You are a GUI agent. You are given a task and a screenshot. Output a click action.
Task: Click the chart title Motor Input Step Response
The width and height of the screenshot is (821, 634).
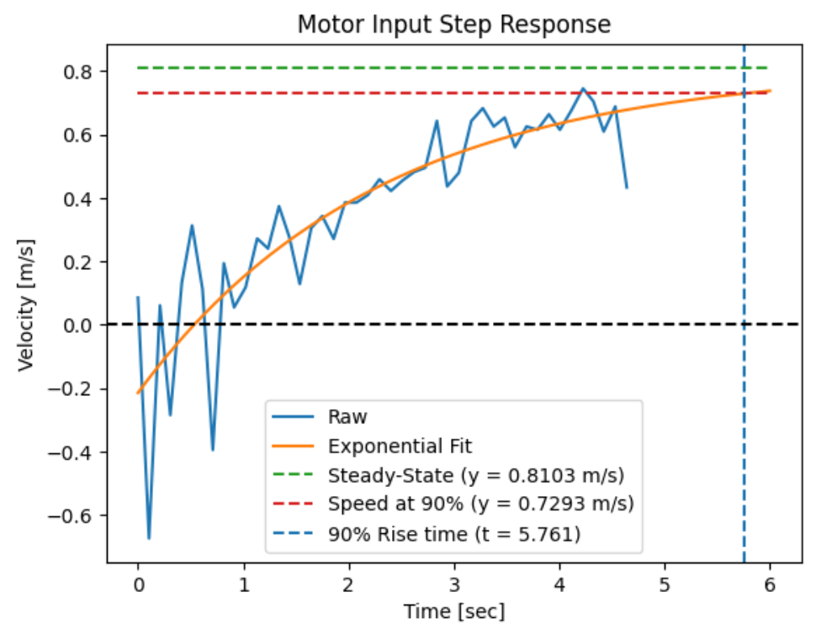click(x=454, y=25)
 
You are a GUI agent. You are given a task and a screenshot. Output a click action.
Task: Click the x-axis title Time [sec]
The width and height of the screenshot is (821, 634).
click(x=454, y=611)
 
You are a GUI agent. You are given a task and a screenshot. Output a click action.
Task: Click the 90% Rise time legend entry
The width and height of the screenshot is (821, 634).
click(x=454, y=533)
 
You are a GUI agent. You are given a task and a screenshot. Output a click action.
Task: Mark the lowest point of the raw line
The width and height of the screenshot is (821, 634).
click(x=149, y=538)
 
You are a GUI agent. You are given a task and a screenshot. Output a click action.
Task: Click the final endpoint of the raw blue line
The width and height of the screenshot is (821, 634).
click(x=626, y=188)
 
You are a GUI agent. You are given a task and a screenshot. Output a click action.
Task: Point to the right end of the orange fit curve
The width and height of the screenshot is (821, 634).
click(x=771, y=91)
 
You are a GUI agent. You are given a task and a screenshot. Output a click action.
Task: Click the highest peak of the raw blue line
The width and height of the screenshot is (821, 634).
click(x=583, y=87)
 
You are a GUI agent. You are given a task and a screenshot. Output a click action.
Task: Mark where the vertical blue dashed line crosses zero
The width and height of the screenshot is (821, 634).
click(x=744, y=325)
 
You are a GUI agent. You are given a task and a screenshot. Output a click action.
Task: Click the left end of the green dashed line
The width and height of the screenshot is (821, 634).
click(x=138, y=67)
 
